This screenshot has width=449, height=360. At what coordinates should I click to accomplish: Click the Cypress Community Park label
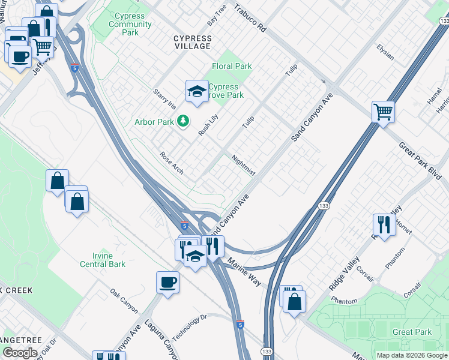[130, 25]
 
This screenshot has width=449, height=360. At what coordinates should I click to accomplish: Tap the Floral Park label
[232, 66]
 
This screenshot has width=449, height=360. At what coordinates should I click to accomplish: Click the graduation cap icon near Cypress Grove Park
[196, 91]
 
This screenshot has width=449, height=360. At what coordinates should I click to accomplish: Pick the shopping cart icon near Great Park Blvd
[383, 111]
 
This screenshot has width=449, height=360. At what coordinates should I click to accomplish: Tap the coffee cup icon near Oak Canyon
[167, 281]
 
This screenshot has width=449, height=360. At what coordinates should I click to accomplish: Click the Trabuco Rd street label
[249, 19]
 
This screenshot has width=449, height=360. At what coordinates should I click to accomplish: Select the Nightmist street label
[244, 165]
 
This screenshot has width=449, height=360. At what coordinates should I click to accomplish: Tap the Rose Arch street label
[172, 163]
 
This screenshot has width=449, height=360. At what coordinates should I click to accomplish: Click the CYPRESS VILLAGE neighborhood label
[193, 42]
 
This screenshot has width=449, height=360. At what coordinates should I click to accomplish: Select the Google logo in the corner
[20, 353]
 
